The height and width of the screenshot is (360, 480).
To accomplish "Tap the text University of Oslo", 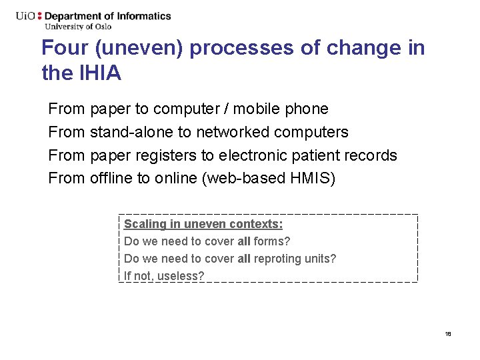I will click(x=78, y=27).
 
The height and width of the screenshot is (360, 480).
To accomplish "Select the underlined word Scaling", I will click(x=144, y=224).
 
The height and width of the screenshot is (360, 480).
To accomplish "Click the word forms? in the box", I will click(x=272, y=241).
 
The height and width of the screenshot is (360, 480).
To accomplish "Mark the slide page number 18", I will click(x=448, y=333).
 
